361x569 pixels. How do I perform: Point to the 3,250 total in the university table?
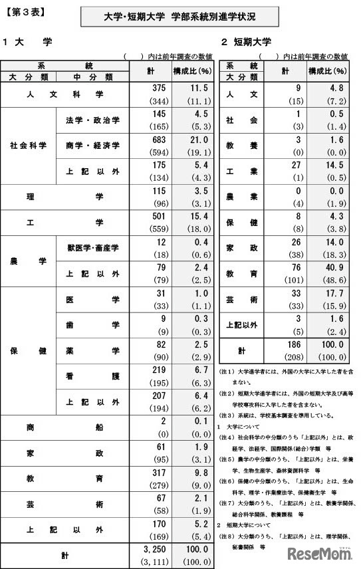click(x=156, y=548)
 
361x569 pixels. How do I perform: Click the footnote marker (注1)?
click(x=225, y=368)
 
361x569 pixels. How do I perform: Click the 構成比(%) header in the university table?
click(x=196, y=70)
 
